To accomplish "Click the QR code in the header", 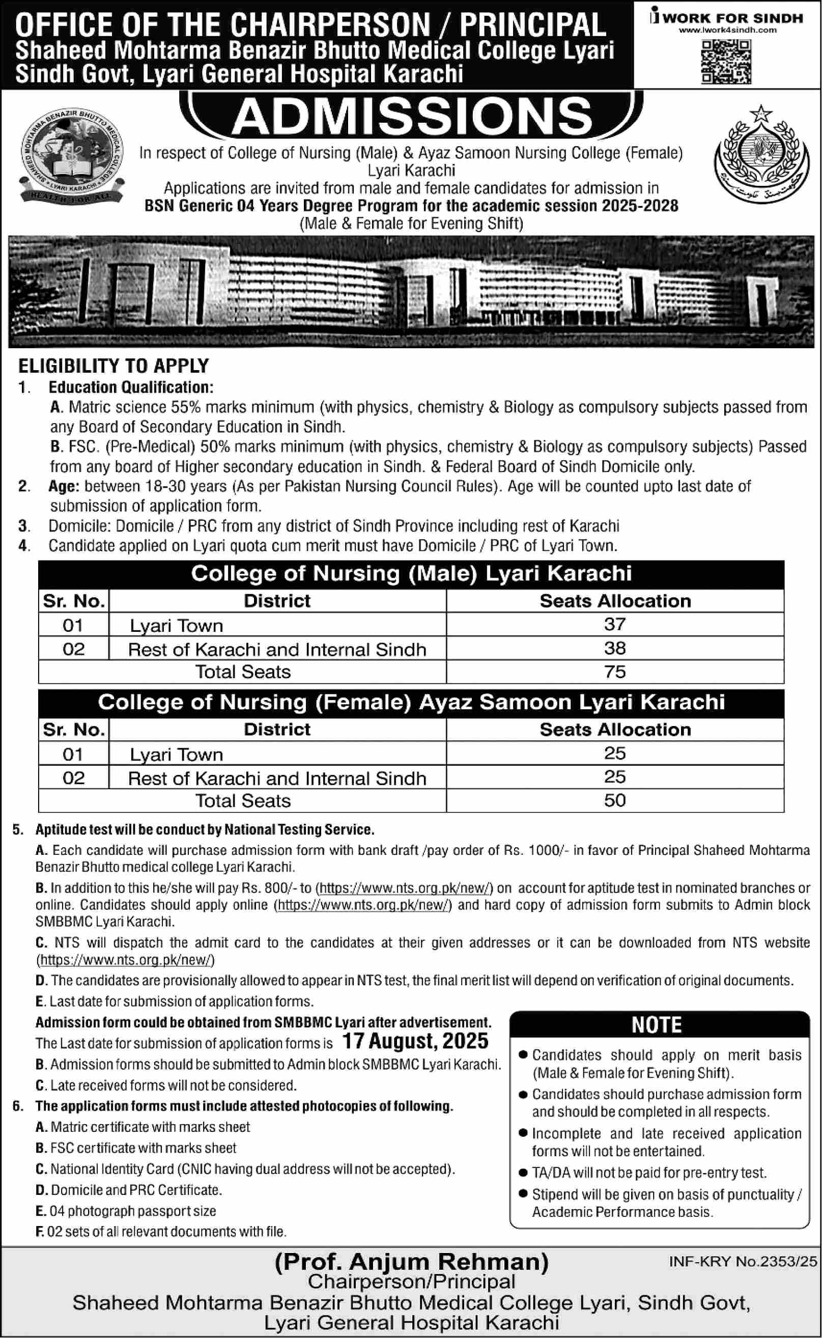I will tap(726, 62).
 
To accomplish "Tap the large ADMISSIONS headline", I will tap(412, 116).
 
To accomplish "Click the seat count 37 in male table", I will tap(614, 624).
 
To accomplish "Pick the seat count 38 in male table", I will tap(614, 648).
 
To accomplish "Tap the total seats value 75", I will tap(614, 672).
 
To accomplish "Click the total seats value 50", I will tap(614, 800).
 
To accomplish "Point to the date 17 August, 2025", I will tap(415, 1041).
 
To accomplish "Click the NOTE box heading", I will tap(657, 1025).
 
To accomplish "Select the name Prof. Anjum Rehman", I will tap(412, 1262).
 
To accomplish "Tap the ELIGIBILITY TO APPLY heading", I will tap(114, 366).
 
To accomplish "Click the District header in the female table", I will tap(277, 730).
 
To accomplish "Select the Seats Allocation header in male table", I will tap(615, 601).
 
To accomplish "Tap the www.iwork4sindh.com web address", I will tap(728, 31).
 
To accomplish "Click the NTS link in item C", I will tap(126, 960).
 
